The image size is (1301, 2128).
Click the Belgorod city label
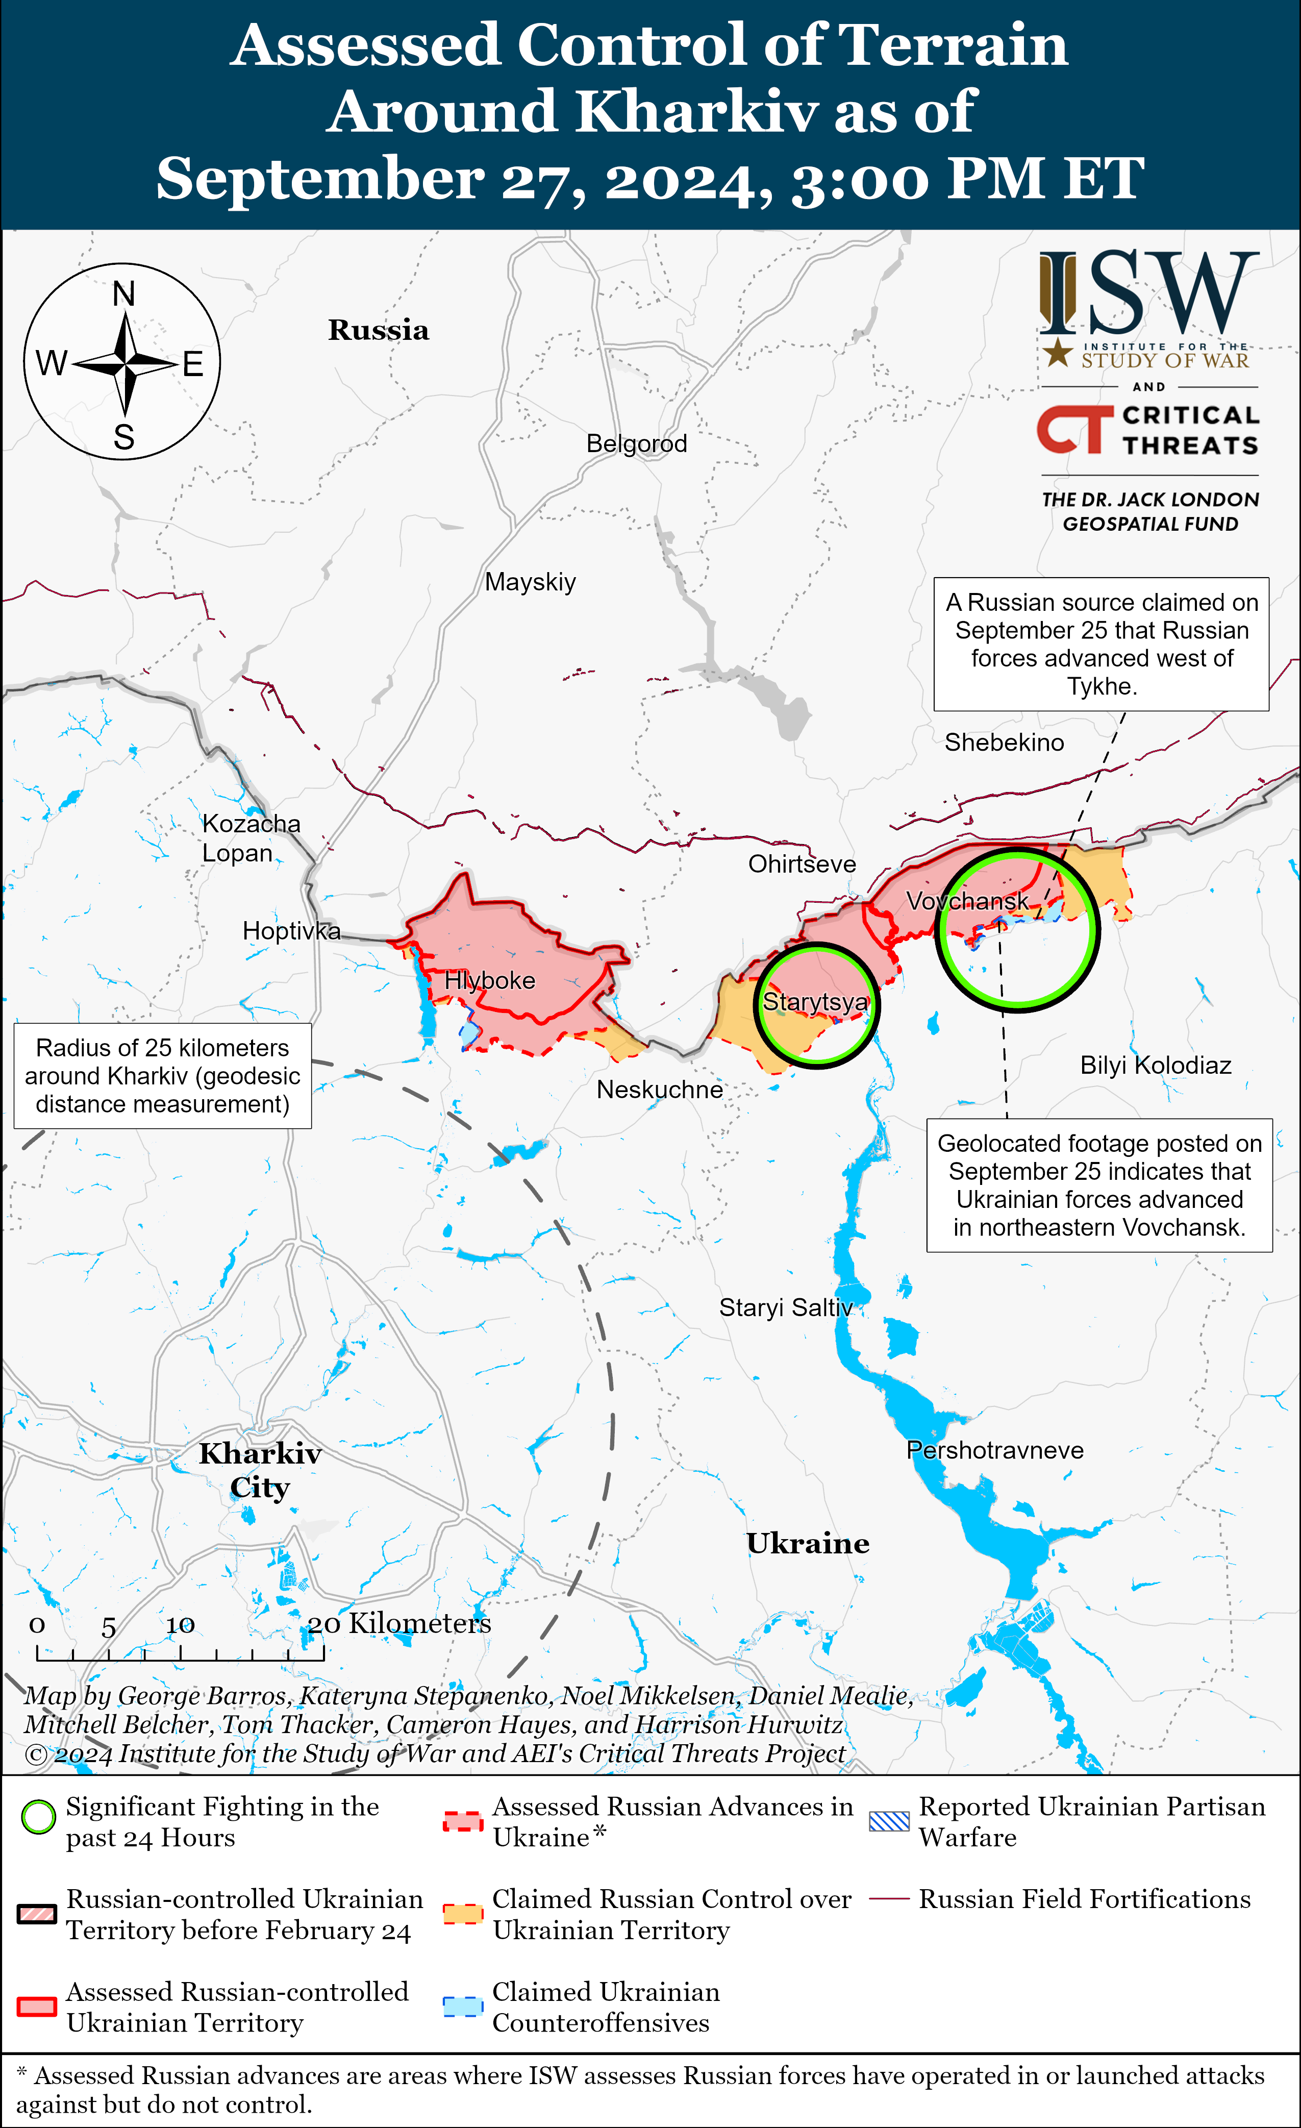[636, 444]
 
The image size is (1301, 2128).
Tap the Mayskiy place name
[530, 582]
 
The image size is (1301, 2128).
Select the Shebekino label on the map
[1004, 743]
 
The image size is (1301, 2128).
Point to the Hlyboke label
[489, 980]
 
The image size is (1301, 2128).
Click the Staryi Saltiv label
[786, 1307]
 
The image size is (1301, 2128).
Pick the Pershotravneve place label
[994, 1450]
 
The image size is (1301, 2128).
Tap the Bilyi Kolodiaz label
[1155, 1065]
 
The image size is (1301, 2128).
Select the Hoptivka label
[291, 930]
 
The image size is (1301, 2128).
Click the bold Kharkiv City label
[260, 1470]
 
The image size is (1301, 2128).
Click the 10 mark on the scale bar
[181, 1625]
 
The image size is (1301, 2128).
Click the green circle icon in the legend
[38, 1817]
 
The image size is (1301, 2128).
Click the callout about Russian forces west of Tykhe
[1100, 645]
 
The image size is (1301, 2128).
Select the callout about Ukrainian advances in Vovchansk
[1099, 1185]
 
